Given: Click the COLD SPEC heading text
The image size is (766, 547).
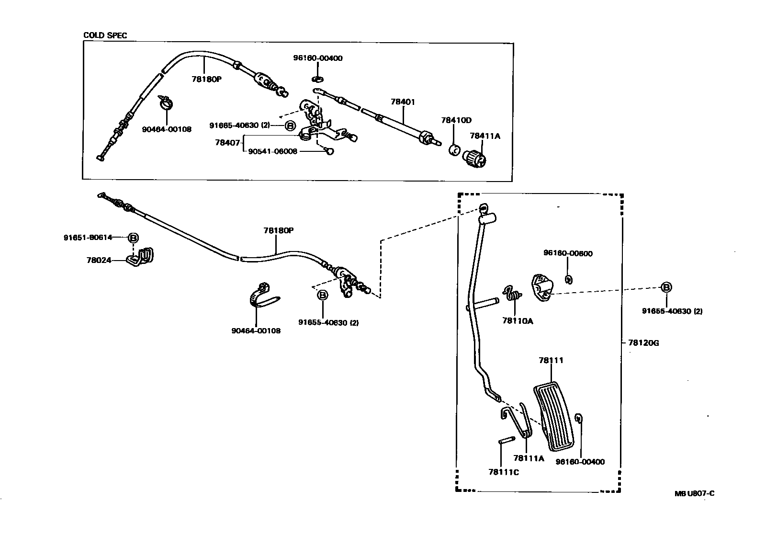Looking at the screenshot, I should click(105, 35).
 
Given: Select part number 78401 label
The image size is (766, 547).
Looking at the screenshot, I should click(403, 102).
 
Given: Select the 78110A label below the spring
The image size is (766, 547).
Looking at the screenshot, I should click(518, 321).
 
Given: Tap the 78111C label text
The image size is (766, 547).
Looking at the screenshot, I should click(504, 472).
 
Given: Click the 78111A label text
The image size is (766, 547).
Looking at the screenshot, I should click(529, 458).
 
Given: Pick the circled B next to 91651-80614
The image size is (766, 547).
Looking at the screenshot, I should click(133, 238).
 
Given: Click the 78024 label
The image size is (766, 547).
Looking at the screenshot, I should click(99, 260).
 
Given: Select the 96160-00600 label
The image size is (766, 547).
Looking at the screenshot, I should click(568, 253).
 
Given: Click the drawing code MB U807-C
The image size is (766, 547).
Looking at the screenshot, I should click(694, 494).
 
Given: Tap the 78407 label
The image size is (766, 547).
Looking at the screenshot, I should click(227, 142).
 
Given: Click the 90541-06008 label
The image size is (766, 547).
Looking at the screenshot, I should click(273, 151).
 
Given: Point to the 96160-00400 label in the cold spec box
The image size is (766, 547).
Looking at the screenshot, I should click(318, 58).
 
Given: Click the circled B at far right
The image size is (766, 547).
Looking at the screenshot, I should click(666, 287).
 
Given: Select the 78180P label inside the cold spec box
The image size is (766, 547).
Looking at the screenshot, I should click(206, 80).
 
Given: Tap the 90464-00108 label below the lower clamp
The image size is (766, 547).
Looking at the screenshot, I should click(256, 330).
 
